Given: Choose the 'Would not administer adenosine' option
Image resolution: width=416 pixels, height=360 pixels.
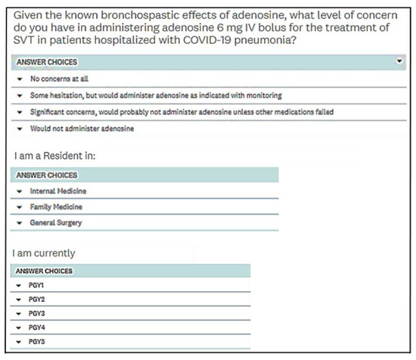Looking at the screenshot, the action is pyautogui.click(x=82, y=129).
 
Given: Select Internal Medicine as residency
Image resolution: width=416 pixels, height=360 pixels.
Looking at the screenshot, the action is pyautogui.click(x=58, y=191).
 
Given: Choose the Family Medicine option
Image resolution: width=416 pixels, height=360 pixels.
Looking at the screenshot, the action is pyautogui.click(x=56, y=206).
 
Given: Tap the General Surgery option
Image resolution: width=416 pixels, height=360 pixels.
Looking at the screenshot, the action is pyautogui.click(x=56, y=223).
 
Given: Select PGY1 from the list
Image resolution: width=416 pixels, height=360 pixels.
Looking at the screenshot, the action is pyautogui.click(x=37, y=286).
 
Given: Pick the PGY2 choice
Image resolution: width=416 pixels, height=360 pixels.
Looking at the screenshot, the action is pyautogui.click(x=37, y=299).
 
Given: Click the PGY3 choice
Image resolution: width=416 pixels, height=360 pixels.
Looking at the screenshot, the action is pyautogui.click(x=37, y=313).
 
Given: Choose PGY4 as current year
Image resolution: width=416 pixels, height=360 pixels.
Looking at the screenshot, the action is pyautogui.click(x=37, y=327).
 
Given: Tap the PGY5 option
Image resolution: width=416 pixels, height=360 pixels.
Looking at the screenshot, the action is pyautogui.click(x=37, y=342).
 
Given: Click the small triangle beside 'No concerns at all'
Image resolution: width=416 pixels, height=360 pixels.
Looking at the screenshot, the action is pyautogui.click(x=19, y=77).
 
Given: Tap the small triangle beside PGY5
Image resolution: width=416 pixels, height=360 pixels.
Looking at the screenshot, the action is pyautogui.click(x=19, y=342).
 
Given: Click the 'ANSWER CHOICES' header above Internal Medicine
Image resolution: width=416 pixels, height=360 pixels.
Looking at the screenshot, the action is pyautogui.click(x=47, y=175).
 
